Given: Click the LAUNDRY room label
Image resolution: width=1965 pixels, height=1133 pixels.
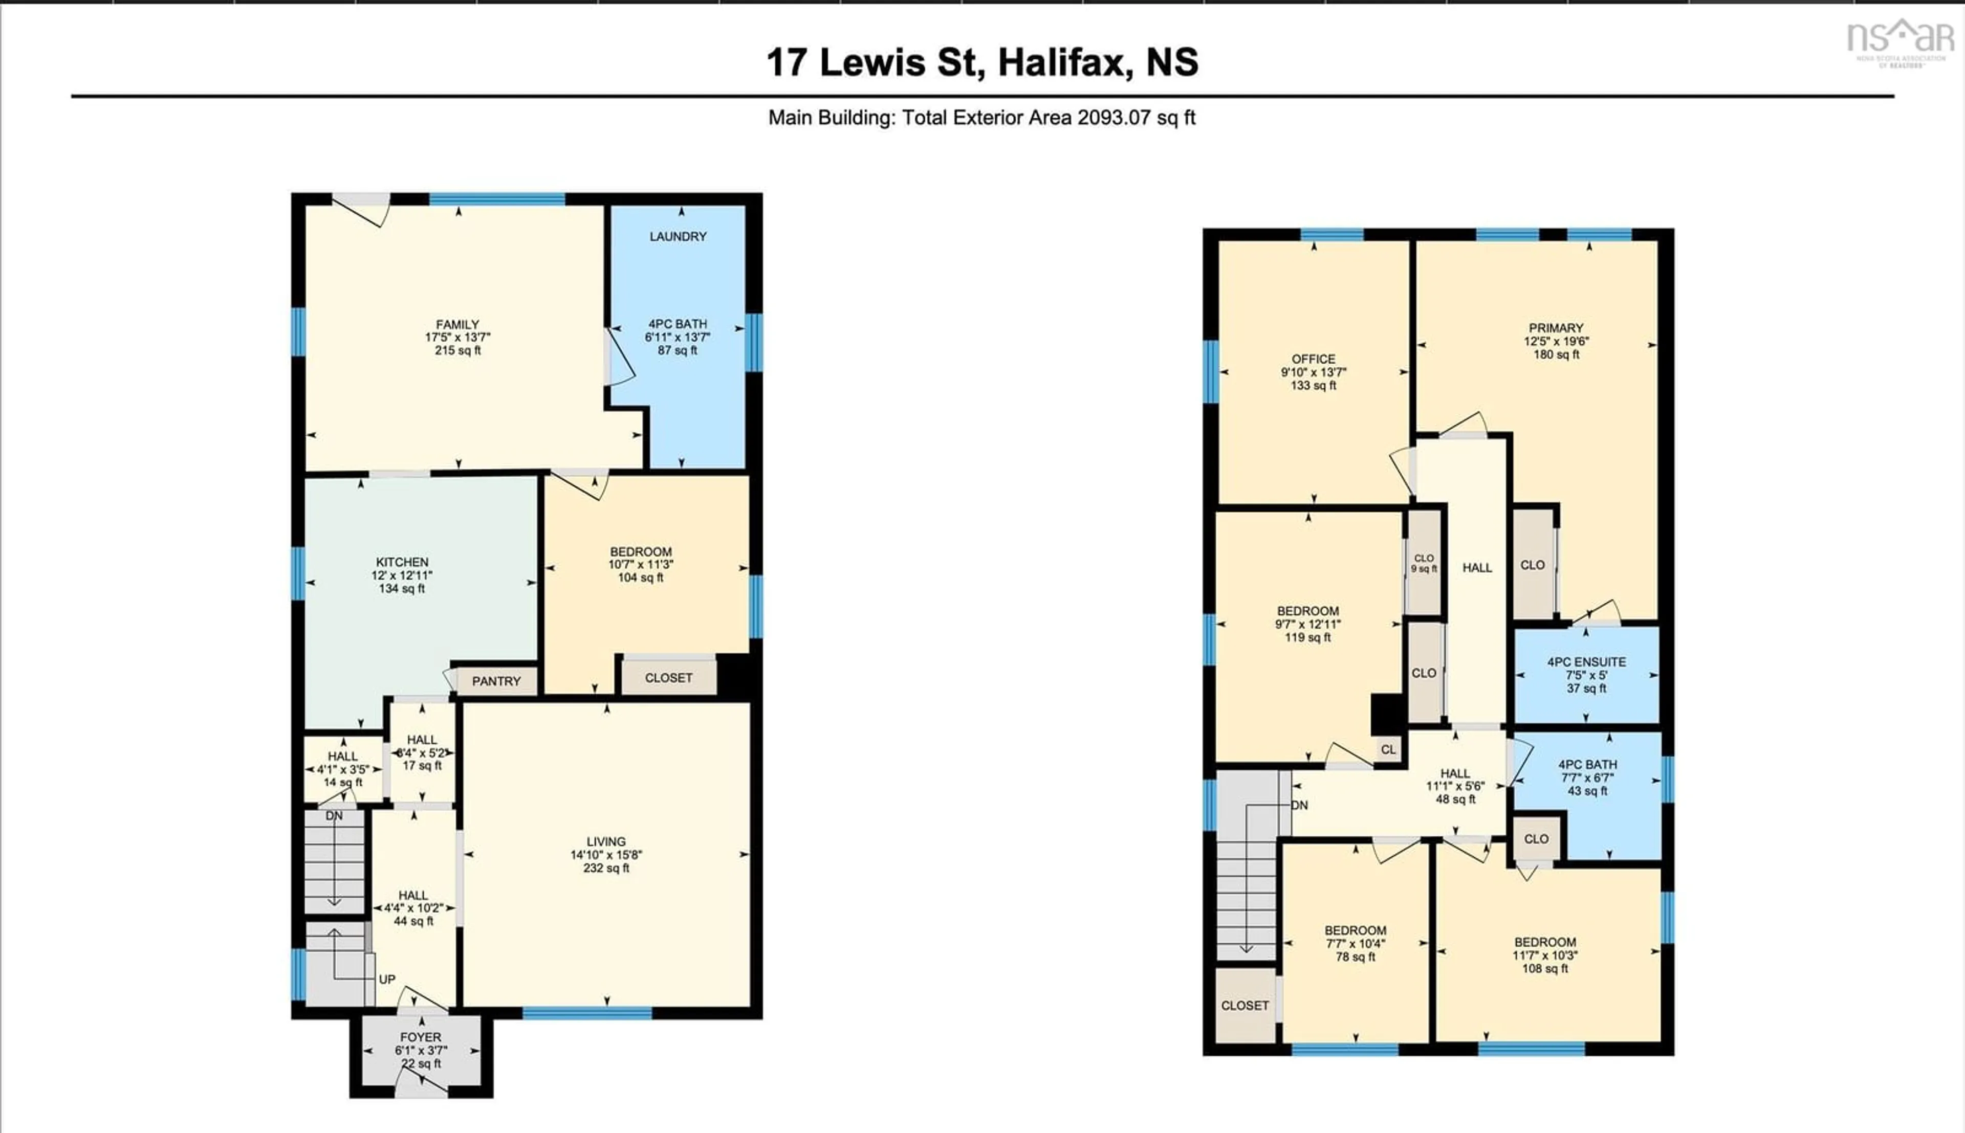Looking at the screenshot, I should pos(678,236).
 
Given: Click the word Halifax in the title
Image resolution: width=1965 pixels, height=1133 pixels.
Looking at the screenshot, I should pos(1064,62).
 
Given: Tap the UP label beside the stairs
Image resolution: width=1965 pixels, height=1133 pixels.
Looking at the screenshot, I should pos(387,980).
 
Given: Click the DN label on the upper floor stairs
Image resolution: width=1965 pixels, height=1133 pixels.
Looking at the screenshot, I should pos(1299,806).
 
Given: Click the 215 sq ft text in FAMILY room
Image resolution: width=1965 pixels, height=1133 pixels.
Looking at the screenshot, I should pos(457,351).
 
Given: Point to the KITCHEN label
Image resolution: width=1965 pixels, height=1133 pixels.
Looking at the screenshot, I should pos(402,562).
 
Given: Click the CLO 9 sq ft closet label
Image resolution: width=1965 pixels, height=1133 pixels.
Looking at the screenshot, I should pos(1424,563).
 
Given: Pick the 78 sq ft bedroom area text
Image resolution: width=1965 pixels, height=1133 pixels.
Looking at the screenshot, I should pos(1355,957).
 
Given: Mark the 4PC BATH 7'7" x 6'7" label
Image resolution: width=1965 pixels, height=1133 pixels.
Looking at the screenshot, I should pos(1587,777).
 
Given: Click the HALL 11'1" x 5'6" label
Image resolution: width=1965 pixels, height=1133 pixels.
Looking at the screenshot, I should pos(1454,786).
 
